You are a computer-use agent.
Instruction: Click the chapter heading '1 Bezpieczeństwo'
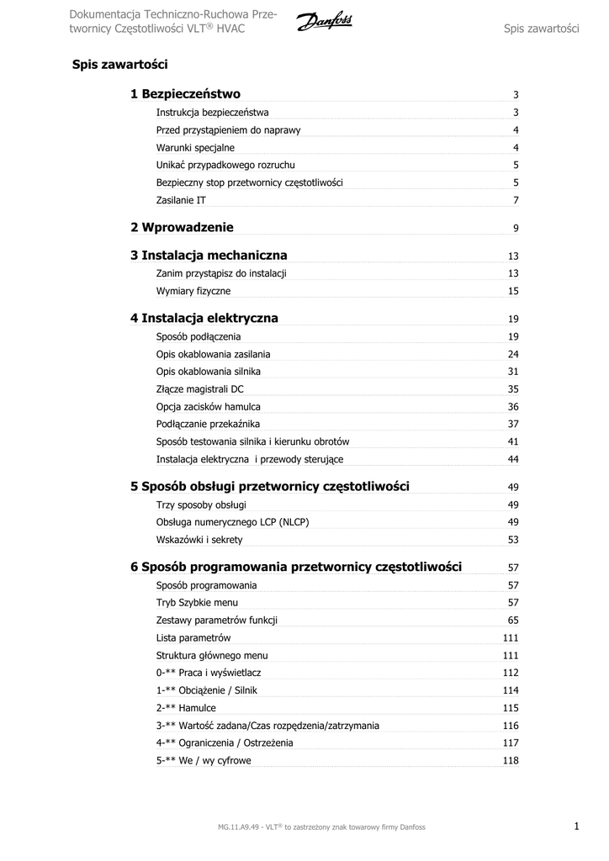pos(185,94)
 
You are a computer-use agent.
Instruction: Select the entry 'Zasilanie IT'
pos(181,200)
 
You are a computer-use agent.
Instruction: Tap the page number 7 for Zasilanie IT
pos(516,200)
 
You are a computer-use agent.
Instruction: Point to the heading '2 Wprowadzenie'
pos(182,227)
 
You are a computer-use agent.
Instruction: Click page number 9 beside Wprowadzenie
pos(516,229)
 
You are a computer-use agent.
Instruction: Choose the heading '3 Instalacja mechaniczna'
pos(209,255)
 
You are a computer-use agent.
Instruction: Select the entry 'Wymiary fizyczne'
pos(193,291)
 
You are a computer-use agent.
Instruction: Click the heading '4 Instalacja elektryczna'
pos(204,318)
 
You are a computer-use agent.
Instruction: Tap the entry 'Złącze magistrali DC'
pos(200,389)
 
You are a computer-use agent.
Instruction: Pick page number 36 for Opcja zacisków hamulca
pos(513,407)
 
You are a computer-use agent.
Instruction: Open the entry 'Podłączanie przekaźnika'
pos(208,424)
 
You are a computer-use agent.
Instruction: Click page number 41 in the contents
pos(513,441)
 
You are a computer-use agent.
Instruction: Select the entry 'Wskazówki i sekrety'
pos(199,540)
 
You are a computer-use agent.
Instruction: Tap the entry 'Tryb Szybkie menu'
pos(197,603)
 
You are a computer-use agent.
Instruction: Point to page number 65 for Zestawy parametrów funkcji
pos(513,621)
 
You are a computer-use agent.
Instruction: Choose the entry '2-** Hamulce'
pos(186,708)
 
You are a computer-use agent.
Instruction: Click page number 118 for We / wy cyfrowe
pos(511,761)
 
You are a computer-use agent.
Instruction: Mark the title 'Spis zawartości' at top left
pos(120,64)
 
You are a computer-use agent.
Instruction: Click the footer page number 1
pos(577,827)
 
